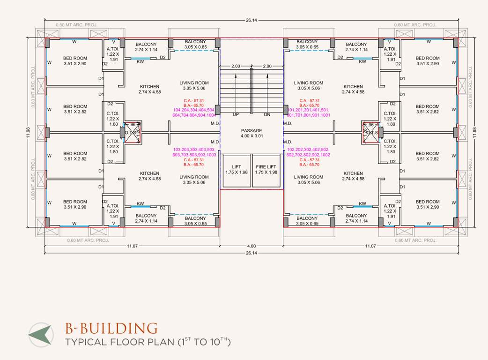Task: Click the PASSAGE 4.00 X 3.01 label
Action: pos(251,134)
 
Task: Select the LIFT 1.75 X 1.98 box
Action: pos(236,169)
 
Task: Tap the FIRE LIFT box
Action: pos(266,169)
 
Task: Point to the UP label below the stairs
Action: pos(236,114)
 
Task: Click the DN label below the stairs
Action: pos(267,114)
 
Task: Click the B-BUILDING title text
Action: pos(111,328)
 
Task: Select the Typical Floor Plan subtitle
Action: pos(148,342)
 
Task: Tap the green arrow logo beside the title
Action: pos(40,334)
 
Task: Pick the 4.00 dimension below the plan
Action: pos(251,246)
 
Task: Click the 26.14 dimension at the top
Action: pos(251,20)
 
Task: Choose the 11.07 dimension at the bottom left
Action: pos(132,246)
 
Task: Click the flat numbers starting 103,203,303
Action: pos(194,152)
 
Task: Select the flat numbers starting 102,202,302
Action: pos(308,152)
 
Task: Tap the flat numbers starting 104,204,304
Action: pos(194,112)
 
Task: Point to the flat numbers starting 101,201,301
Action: pos(308,112)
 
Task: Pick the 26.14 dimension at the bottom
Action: pos(251,253)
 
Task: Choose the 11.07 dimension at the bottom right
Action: pos(370,246)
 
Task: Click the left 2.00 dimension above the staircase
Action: pos(236,66)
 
